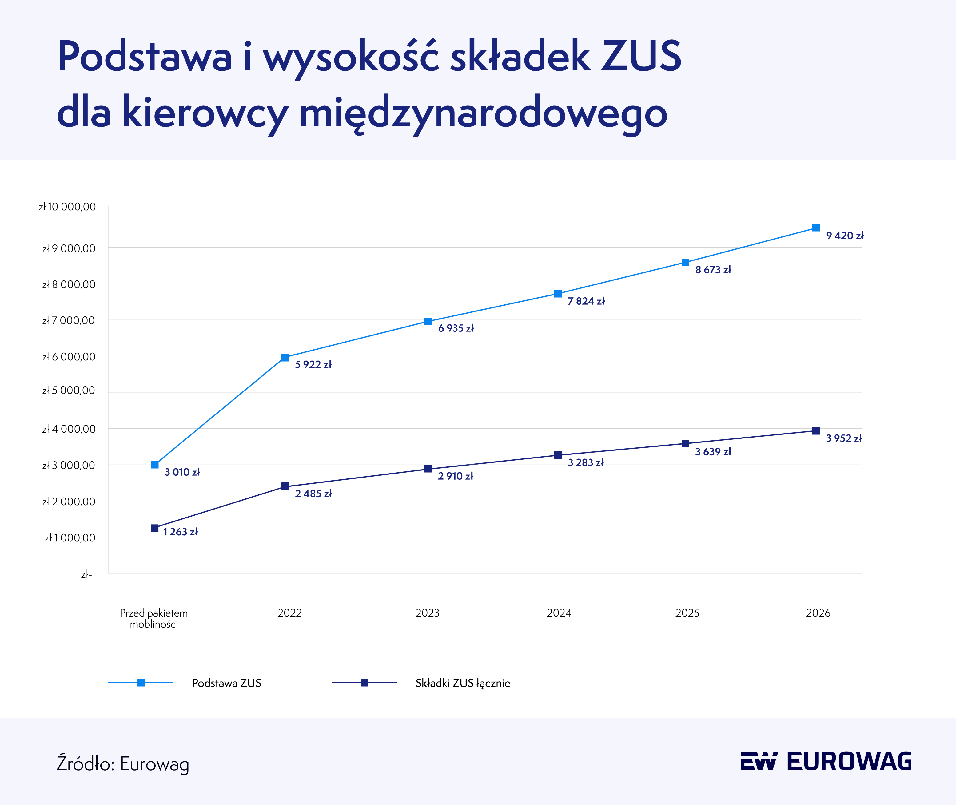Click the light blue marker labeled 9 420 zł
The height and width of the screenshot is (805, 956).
816,228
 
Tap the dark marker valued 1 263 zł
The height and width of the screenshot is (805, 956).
155,528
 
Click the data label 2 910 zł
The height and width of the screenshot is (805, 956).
456,476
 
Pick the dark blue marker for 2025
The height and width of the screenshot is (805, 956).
685,444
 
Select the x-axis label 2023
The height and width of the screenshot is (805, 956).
427,613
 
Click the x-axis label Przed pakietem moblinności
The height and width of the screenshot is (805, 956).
154,618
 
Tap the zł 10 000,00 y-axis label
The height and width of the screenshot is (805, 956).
68,207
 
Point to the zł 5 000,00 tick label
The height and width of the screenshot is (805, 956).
69,391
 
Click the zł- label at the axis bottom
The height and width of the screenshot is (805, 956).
86,575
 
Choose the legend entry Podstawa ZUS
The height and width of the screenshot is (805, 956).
226,683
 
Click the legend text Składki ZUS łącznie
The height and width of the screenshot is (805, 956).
463,683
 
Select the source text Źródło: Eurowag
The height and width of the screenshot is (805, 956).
123,764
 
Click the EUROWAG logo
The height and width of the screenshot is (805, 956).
826,761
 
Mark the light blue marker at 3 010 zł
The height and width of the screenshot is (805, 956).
155,465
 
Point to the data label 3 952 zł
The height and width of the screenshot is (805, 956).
844,438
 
